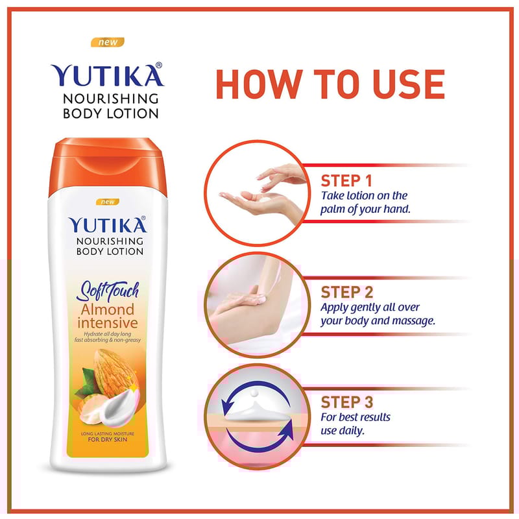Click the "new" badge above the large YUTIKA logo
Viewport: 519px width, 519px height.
coord(108,42)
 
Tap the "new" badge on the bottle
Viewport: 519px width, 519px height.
coord(108,202)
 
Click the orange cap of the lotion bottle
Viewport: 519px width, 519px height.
coord(108,165)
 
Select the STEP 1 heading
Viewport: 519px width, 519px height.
coord(346,181)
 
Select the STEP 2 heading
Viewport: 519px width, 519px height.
coord(346,293)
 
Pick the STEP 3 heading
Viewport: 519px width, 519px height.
coord(346,402)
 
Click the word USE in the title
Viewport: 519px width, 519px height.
coord(408,84)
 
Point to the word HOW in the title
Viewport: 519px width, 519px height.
coord(259,84)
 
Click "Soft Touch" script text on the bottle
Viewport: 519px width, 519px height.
coord(108,291)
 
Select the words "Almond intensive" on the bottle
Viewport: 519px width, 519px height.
coord(108,316)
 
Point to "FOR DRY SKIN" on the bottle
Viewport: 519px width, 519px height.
coord(108,440)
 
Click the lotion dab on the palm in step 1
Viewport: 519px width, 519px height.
coord(265,200)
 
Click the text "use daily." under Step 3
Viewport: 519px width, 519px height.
coord(343,431)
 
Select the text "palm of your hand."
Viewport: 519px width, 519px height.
coord(365,210)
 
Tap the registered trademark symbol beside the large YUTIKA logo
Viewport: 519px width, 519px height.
coord(159,66)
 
